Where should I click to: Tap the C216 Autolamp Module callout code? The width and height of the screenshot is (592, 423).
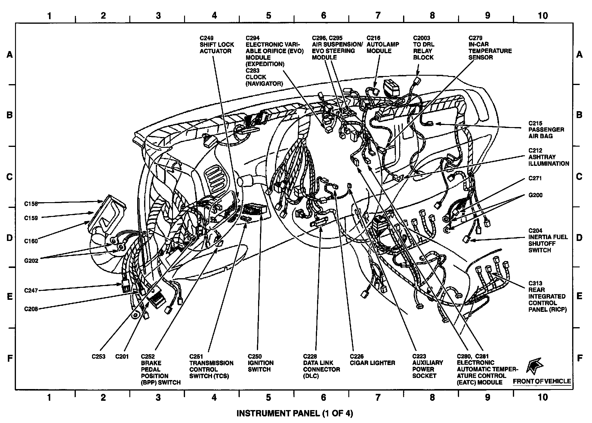click(373, 38)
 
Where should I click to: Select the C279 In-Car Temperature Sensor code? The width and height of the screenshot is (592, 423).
click(475, 38)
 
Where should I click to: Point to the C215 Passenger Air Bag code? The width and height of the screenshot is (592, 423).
click(535, 123)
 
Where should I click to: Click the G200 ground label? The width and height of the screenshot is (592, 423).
click(535, 195)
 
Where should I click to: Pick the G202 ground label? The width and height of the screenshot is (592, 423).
click(31, 261)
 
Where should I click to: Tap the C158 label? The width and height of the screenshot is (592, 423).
click(31, 204)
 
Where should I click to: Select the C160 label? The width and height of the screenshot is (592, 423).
click(31, 241)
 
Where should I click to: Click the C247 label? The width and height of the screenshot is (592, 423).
click(31, 291)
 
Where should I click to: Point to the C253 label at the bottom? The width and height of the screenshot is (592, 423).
click(99, 357)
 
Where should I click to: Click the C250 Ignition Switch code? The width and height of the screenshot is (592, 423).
click(254, 357)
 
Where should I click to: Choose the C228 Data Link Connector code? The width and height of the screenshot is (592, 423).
click(310, 357)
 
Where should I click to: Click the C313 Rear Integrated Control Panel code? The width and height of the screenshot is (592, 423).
click(535, 283)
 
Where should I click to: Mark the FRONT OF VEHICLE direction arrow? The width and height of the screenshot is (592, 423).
click(535, 366)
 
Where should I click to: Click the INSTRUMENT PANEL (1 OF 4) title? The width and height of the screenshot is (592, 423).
click(294, 413)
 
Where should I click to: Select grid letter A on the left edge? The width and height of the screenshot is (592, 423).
click(10, 55)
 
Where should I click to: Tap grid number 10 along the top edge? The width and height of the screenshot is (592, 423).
click(542, 16)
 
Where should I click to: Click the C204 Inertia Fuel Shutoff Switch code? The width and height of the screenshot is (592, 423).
click(535, 231)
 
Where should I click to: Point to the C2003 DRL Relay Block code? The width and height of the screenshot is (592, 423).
click(421, 38)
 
